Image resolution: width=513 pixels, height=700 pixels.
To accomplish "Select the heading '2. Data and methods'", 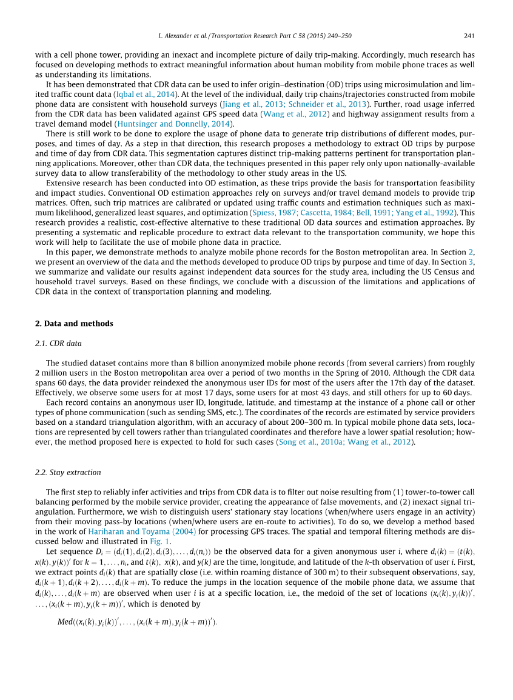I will coord(74,324).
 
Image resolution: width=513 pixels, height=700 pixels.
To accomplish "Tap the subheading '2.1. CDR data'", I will coord(59,343).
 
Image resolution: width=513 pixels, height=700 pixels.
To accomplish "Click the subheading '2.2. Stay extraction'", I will coord(69,472).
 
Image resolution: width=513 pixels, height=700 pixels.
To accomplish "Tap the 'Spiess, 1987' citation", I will coord(270,213).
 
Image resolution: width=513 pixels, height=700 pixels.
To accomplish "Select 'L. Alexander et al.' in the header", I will coord(185,35).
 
